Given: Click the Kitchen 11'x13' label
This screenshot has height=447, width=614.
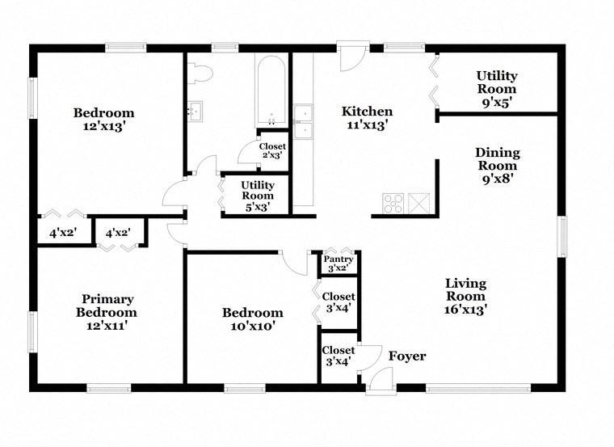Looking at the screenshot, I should [x=367, y=118].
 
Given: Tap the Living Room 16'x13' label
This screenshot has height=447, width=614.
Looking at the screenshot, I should [x=465, y=295].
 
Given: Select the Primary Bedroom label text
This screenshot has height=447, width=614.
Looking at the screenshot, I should [x=107, y=312].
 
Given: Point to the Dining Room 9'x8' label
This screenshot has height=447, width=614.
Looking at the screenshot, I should [x=497, y=165].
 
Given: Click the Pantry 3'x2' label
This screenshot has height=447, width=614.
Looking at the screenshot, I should [x=339, y=263].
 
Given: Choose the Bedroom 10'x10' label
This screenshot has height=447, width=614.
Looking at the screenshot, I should [x=253, y=319].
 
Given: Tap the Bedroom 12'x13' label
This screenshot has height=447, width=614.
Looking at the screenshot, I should [x=103, y=120].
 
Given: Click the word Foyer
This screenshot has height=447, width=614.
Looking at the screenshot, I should [x=407, y=356].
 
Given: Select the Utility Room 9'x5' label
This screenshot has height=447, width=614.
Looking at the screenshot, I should [x=496, y=89].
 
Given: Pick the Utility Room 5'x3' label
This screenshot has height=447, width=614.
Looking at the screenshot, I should [x=258, y=196].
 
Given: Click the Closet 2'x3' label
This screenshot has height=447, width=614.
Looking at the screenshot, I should [x=272, y=150].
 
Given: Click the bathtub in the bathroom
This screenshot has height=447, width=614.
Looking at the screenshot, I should [x=271, y=91].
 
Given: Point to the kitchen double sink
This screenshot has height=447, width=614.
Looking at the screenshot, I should [x=303, y=120].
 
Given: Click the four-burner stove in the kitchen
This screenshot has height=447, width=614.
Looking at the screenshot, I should [x=393, y=203].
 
